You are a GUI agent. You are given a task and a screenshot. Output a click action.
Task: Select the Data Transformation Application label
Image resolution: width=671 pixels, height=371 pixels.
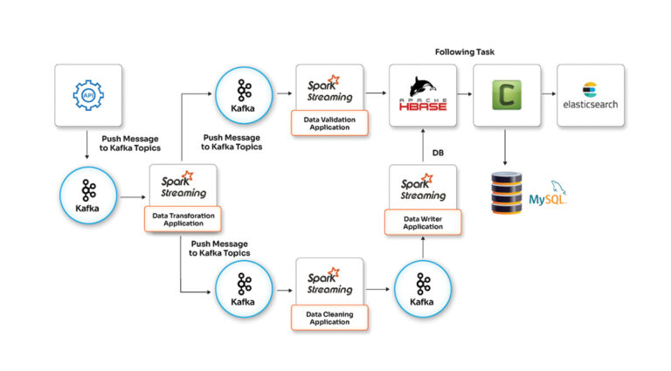pyautogui.click(x=183, y=219)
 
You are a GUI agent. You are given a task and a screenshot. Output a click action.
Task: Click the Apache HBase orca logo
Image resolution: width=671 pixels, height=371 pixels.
pyautogui.click(x=422, y=91)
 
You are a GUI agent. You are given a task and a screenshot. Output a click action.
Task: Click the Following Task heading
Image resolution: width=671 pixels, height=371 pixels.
pyautogui.click(x=467, y=52)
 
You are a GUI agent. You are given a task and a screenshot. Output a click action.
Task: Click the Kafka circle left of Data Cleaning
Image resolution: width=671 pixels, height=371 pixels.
pyautogui.click(x=242, y=289)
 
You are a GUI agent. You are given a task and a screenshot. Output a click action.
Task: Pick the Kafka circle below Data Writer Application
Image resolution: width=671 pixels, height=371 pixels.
pyautogui.click(x=423, y=289)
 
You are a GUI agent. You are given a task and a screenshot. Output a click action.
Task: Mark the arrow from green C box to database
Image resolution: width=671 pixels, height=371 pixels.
pyautogui.click(x=507, y=148)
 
